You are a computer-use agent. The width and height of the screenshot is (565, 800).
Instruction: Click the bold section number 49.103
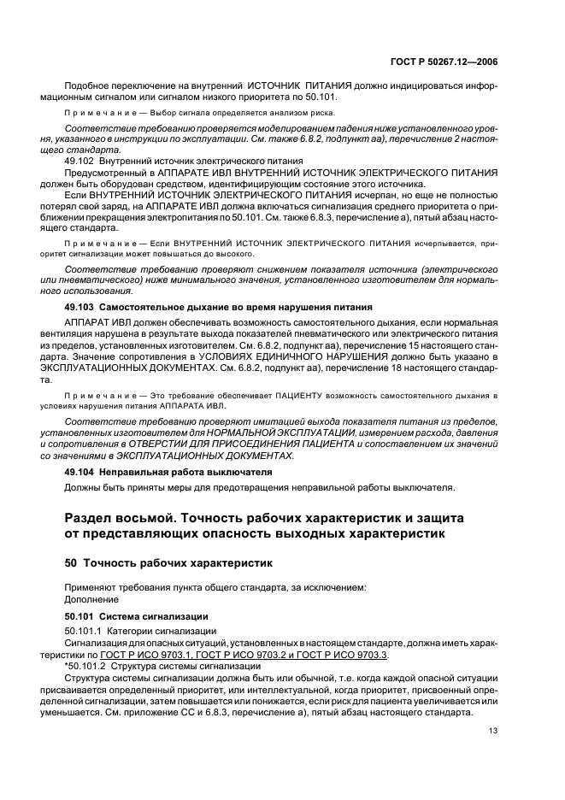tap(80, 305)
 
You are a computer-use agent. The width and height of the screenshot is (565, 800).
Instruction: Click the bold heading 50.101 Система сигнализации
tap(130, 615)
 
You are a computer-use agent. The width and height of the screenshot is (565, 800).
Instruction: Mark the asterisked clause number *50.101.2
tap(85, 665)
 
